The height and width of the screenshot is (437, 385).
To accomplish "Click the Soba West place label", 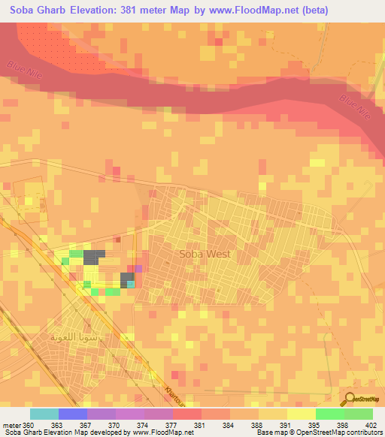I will pos(205,254).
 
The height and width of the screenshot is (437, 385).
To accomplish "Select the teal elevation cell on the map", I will pos(131,284).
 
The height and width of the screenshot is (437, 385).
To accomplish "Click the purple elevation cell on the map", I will pos(138,269).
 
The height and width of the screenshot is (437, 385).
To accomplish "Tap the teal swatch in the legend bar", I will pos(44,414).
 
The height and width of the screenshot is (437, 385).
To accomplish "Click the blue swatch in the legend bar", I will pos(72,414).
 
